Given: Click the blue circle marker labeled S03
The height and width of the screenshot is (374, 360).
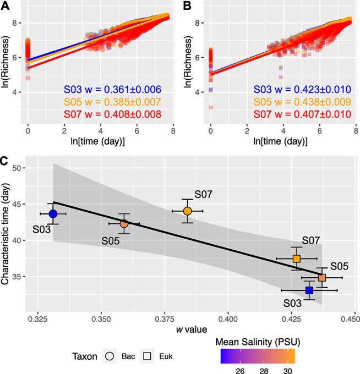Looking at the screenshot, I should coord(53,213).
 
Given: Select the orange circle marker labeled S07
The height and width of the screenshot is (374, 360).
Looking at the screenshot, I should coord(188,211).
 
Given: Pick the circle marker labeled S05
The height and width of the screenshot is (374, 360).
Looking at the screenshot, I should coord(124,224).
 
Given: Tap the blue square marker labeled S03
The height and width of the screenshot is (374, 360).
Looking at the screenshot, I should coord(309,290).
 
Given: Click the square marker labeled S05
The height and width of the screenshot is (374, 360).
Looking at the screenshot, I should coord(322,278).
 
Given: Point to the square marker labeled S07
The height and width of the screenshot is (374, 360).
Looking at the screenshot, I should coord(297,258).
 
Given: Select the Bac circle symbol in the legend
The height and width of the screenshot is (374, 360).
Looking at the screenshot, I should coord(110,356).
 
